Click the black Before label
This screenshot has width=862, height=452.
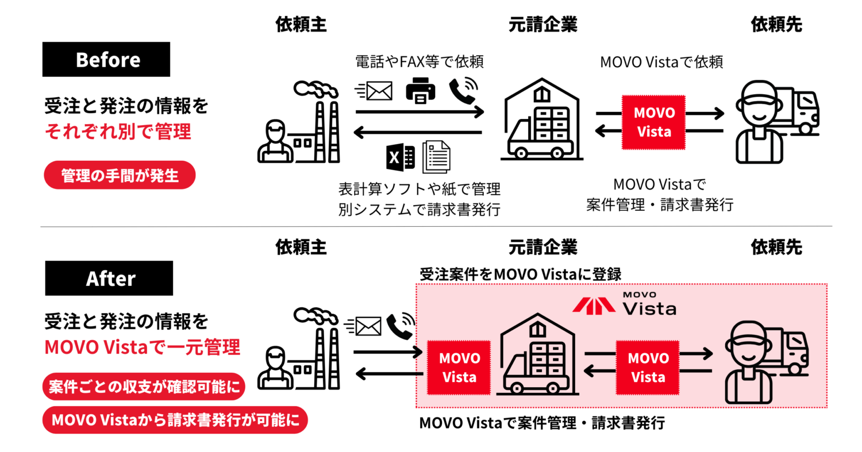(x=106, y=59)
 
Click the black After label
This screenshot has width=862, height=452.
(x=109, y=279)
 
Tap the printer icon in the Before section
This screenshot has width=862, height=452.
(x=420, y=90)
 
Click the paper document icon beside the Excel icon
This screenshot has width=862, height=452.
(x=436, y=156)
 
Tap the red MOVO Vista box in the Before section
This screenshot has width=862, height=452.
(x=653, y=122)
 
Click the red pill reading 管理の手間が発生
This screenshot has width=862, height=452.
(x=120, y=175)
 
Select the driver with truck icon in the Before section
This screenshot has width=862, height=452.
(x=775, y=121)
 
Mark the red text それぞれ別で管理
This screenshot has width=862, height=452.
(x=118, y=132)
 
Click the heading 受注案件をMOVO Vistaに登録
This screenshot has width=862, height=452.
(x=520, y=274)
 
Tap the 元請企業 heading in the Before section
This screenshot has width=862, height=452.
(x=542, y=24)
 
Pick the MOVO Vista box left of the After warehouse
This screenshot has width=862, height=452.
(x=458, y=368)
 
